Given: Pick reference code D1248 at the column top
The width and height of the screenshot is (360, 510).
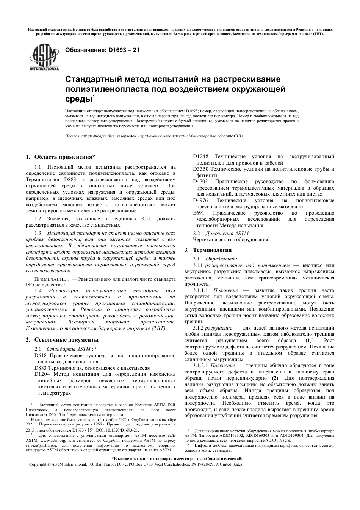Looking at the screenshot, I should (x=200, y=157).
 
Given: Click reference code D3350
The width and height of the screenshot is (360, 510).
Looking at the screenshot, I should (x=200, y=169).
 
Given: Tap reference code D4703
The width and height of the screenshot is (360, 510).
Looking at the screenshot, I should (x=200, y=182).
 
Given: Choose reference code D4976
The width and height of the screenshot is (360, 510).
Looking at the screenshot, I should (x=200, y=200).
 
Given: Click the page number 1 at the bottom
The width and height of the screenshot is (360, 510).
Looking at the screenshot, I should (x=180, y=479).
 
